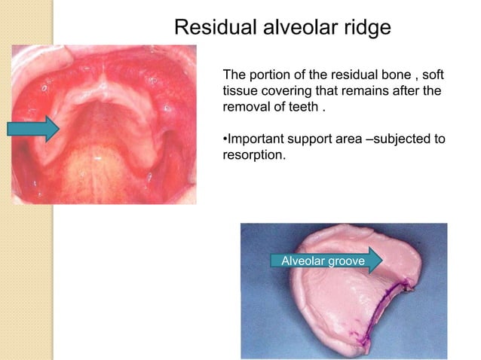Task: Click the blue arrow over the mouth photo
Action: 33,129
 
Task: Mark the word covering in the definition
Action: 294,90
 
